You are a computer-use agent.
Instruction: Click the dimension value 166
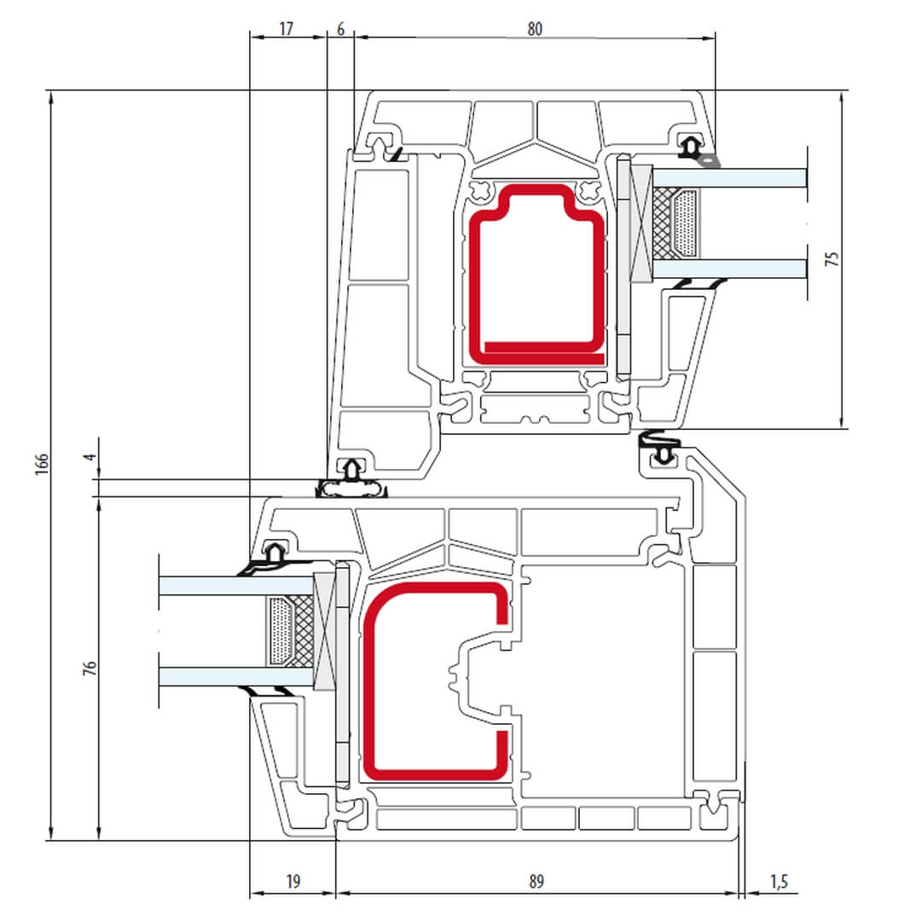[42, 464]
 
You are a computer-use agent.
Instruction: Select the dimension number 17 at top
[286, 29]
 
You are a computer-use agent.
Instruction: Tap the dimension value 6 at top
[340, 29]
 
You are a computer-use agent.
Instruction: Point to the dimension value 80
[535, 29]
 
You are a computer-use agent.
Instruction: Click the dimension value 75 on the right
[831, 259]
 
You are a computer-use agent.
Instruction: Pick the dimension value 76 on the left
[90, 668]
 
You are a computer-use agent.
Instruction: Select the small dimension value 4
[90, 456]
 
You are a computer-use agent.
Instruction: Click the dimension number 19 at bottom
[293, 882]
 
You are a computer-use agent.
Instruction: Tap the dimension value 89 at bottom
[536, 882]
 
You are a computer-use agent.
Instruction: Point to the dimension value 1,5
[779, 882]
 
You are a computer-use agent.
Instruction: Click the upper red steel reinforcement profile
[537, 275]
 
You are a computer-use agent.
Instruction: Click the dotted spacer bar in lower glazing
[281, 631]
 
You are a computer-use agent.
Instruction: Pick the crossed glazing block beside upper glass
[641, 223]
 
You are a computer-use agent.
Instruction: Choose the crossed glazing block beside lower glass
[324, 631]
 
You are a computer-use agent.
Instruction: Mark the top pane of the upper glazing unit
[729, 178]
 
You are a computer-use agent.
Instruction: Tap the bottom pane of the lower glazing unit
[236, 676]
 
